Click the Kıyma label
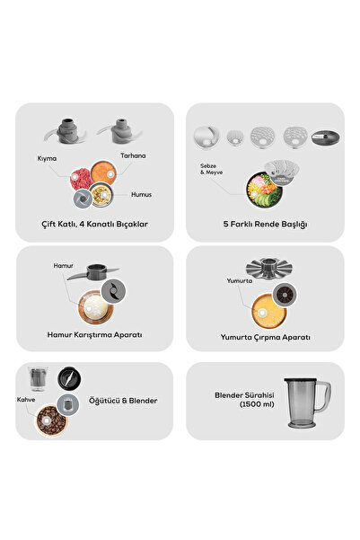click(47, 158)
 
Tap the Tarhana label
click(133, 155)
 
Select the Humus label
click(141, 195)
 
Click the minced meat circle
click(81, 179)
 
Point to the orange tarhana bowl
click(103, 173)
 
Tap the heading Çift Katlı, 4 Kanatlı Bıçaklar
click(94, 225)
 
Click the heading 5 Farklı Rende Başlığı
click(265, 225)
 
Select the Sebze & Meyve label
click(211, 169)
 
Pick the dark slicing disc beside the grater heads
click(325, 137)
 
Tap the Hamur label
click(63, 266)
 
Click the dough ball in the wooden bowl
click(95, 306)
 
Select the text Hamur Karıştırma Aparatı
click(94, 335)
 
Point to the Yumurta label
click(239, 281)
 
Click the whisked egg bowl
click(268, 311)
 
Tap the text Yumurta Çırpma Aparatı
click(265, 337)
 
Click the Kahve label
click(26, 400)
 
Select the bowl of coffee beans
click(52, 420)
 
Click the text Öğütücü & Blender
click(123, 401)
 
